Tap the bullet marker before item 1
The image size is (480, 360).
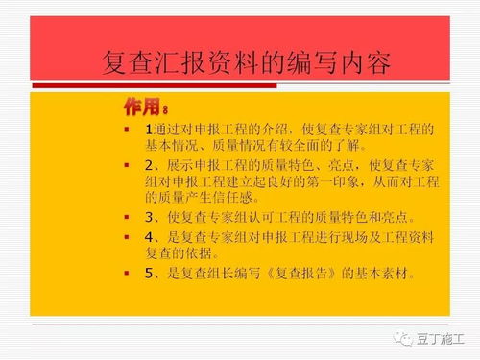click(x=126, y=129)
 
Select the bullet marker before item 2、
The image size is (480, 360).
click(x=126, y=165)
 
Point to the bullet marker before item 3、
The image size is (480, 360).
click(x=126, y=217)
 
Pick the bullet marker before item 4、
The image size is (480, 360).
click(x=126, y=236)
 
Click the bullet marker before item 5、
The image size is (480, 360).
click(x=126, y=273)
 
